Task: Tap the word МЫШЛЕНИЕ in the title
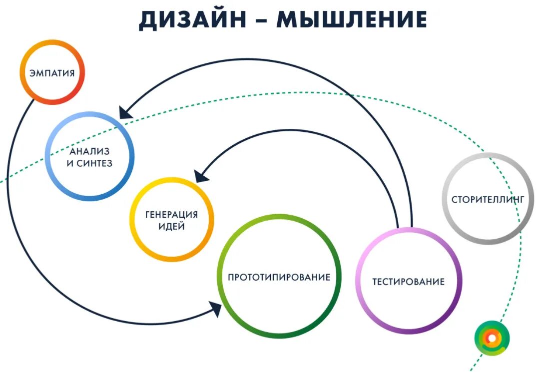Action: pos(352,19)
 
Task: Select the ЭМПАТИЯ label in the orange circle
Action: pos(52,73)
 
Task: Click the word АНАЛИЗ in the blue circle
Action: pos(89,151)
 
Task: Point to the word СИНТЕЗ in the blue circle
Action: pos(95,163)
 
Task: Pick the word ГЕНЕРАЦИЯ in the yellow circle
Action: pos(171,215)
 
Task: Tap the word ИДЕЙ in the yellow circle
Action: pos(171,226)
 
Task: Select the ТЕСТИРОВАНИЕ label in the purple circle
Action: pos(408,282)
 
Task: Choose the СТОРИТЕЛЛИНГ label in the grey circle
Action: pos(488,199)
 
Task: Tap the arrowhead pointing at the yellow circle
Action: pos(200,175)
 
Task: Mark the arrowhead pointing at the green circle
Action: pos(216,309)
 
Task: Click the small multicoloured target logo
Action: pos(492,338)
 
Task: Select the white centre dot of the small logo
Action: pos(492,338)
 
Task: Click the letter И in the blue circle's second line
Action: pos(69,163)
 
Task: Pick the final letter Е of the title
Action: pos(420,19)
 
